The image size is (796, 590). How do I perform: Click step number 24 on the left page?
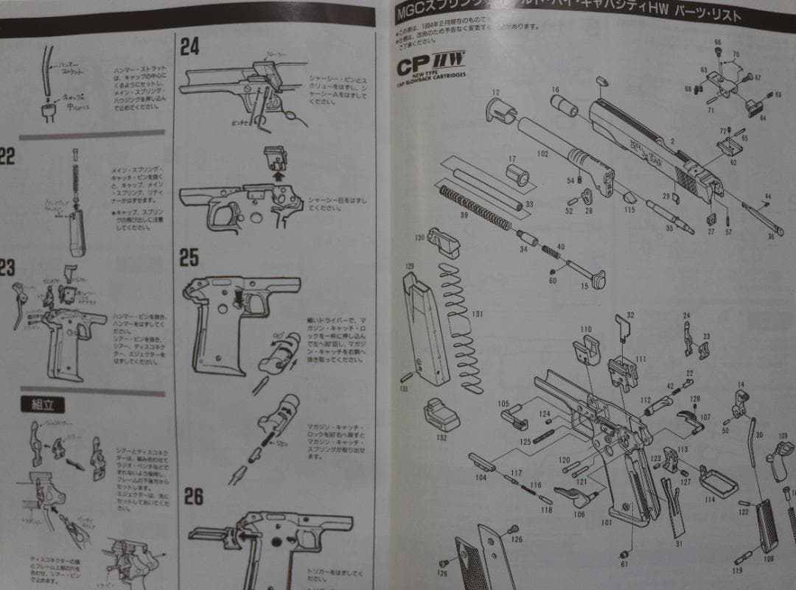[190, 46]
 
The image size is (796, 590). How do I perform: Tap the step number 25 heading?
[189, 257]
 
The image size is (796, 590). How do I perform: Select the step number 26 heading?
[192, 497]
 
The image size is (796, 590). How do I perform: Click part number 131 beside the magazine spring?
[478, 315]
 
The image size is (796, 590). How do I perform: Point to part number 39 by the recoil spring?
[464, 214]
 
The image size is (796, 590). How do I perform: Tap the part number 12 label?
[495, 93]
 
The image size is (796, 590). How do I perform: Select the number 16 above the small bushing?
[554, 90]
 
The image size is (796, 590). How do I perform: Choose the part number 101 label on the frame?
[607, 523]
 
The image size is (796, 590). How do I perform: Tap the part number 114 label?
[710, 499]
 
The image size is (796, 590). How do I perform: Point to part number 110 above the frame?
[586, 329]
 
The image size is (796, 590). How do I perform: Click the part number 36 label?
[771, 236]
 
